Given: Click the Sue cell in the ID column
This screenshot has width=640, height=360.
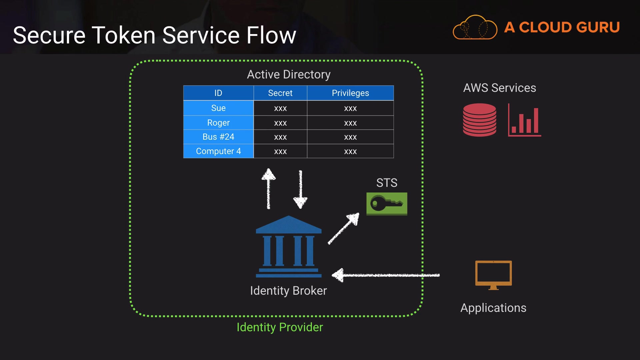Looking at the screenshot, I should pyautogui.click(x=218, y=108).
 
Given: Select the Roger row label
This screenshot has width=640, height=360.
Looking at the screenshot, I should pyautogui.click(x=218, y=123).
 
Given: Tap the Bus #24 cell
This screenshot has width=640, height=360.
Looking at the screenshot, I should pyautogui.click(x=218, y=137).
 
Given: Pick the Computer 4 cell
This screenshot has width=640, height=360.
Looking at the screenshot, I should pyautogui.click(x=218, y=151).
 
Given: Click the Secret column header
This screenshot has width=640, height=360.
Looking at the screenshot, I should pyautogui.click(x=280, y=93).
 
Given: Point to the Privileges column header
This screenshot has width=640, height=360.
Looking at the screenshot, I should pyautogui.click(x=350, y=93).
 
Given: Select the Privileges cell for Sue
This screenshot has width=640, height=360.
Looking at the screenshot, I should pyautogui.click(x=350, y=108).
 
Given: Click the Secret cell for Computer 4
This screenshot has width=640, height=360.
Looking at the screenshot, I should pyautogui.click(x=280, y=151).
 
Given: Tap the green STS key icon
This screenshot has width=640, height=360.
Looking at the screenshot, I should pyautogui.click(x=387, y=204).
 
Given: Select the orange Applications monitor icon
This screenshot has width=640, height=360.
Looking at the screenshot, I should pyautogui.click(x=493, y=275).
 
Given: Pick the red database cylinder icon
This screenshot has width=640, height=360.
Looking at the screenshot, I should pyautogui.click(x=479, y=120).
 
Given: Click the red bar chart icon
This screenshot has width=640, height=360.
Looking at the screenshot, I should pyautogui.click(x=524, y=120).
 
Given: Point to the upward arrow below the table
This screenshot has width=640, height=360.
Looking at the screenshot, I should pyautogui.click(x=268, y=189).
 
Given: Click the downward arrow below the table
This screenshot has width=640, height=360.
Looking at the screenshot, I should pyautogui.click(x=300, y=189).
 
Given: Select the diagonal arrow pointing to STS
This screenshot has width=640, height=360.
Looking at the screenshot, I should pyautogui.click(x=344, y=229).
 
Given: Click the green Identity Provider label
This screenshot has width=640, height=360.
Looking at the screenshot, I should pyautogui.click(x=280, y=327).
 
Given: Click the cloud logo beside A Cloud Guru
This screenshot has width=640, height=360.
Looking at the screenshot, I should pyautogui.click(x=475, y=27).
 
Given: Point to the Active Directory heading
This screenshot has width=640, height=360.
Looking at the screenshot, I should pyautogui.click(x=289, y=74).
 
